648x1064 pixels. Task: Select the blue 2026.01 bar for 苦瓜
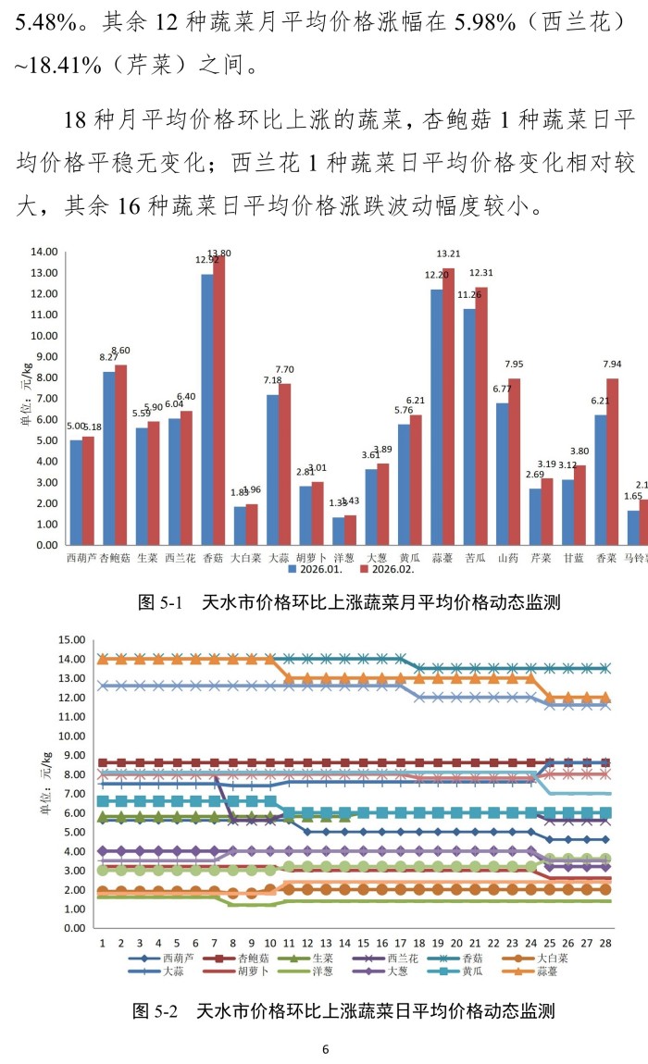[x=469, y=426]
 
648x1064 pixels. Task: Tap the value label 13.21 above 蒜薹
[x=448, y=254]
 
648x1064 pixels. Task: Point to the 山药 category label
[x=508, y=558]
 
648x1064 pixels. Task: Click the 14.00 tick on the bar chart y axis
[x=44, y=252]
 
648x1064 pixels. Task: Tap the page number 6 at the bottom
[x=325, y=1049]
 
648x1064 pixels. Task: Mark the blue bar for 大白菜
[x=240, y=525]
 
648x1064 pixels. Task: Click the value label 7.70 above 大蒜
[x=283, y=368]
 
